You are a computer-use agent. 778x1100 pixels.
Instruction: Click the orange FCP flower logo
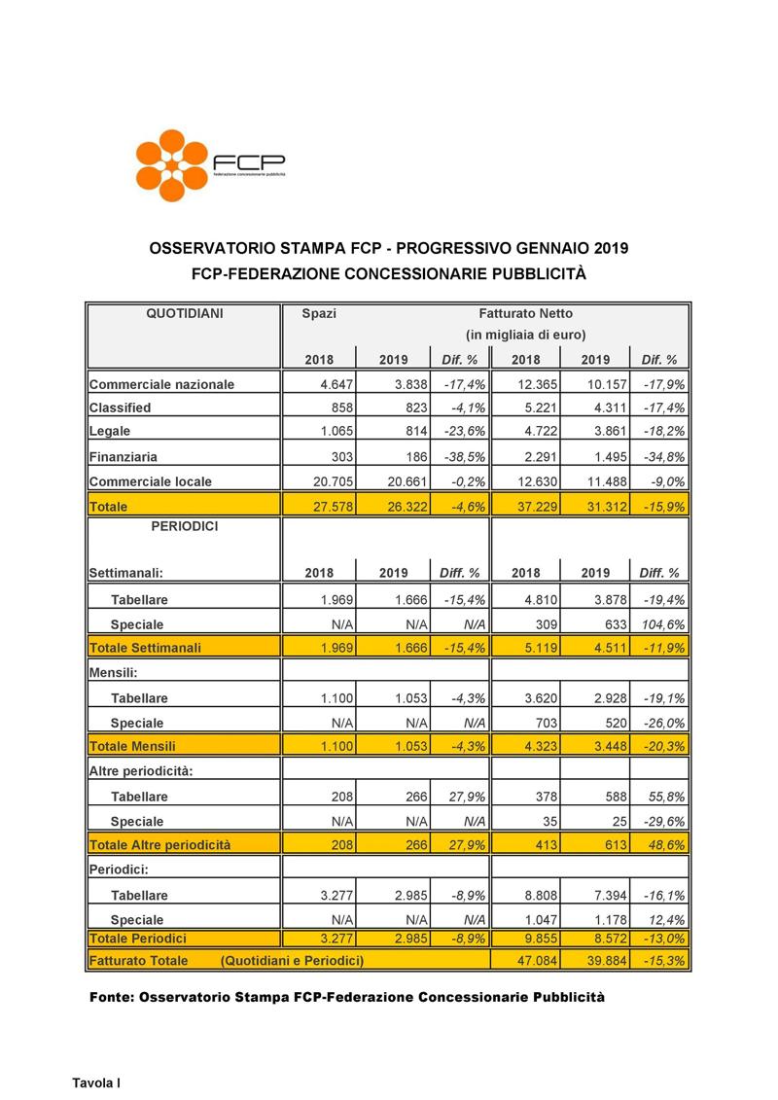[174, 163]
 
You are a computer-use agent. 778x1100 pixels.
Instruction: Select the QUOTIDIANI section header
[185, 314]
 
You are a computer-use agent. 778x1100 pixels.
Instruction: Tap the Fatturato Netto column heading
[525, 314]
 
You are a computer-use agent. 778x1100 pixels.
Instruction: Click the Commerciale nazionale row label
[161, 384]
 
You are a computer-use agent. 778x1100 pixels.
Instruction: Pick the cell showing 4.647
[334, 384]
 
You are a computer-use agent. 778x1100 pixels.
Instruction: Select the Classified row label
[120, 408]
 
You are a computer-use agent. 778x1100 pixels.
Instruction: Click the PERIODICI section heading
[185, 526]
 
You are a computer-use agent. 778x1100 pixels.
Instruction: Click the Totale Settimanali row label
[145, 648]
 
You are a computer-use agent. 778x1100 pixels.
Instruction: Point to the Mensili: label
[112, 673]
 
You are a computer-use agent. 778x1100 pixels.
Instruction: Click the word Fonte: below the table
[112, 998]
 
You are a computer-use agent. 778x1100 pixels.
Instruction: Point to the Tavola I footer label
[96, 1082]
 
